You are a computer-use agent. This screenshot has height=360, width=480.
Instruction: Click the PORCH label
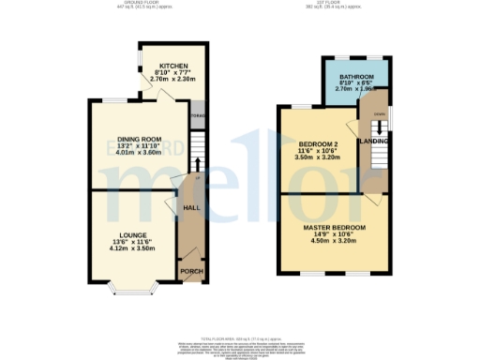point(191,271)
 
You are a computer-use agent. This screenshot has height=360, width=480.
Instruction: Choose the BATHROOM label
point(356,76)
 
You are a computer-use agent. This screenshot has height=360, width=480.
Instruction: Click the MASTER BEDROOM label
point(333,228)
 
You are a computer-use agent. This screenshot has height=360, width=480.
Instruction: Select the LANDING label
point(377,142)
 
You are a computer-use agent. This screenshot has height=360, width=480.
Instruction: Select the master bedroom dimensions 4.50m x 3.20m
point(333,242)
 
